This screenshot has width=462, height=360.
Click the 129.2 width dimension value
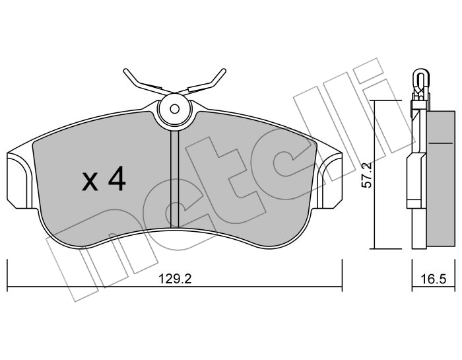[175, 278]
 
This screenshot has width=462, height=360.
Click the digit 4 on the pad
[117, 178]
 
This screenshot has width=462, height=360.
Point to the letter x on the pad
[90, 182]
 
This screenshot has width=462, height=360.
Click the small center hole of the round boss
[175, 109]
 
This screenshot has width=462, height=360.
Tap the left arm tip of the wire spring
[126, 71]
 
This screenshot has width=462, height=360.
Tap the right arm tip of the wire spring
[224, 71]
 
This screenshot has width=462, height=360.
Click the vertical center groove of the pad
[175, 179]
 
